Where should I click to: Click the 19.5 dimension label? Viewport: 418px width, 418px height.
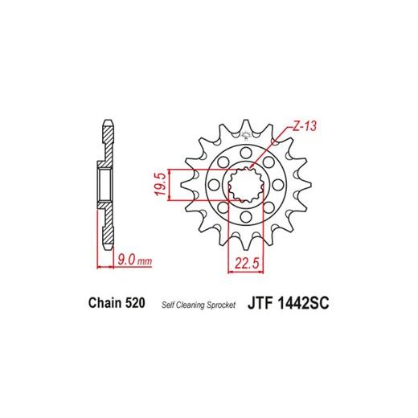[162, 184]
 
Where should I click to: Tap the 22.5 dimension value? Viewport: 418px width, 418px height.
[247, 263]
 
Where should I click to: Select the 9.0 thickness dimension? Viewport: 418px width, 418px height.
[126, 259]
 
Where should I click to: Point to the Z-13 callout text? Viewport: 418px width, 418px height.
[304, 126]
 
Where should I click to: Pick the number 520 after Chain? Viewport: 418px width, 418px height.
[135, 303]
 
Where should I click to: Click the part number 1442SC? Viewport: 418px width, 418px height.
[303, 304]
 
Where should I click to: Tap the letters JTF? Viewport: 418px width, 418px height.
[260, 304]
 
